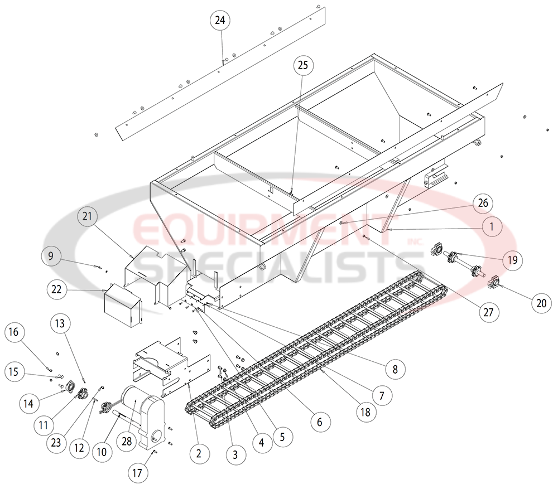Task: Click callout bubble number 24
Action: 220,20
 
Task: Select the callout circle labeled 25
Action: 302,65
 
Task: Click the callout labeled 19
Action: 513,260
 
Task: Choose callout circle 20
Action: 541,303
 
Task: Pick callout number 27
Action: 488,312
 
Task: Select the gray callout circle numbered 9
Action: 50,256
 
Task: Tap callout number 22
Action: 57,290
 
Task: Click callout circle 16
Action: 15,332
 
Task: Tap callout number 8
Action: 395,368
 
